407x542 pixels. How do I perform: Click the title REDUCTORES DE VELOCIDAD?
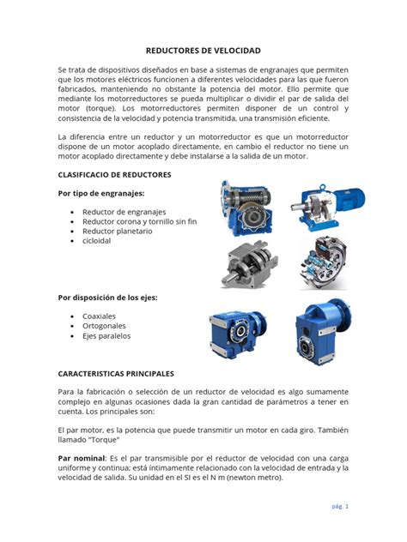[203, 51]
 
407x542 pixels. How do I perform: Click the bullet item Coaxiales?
[99, 316]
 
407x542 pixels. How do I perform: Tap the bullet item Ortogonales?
[104, 326]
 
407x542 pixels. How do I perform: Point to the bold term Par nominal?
[81, 458]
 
